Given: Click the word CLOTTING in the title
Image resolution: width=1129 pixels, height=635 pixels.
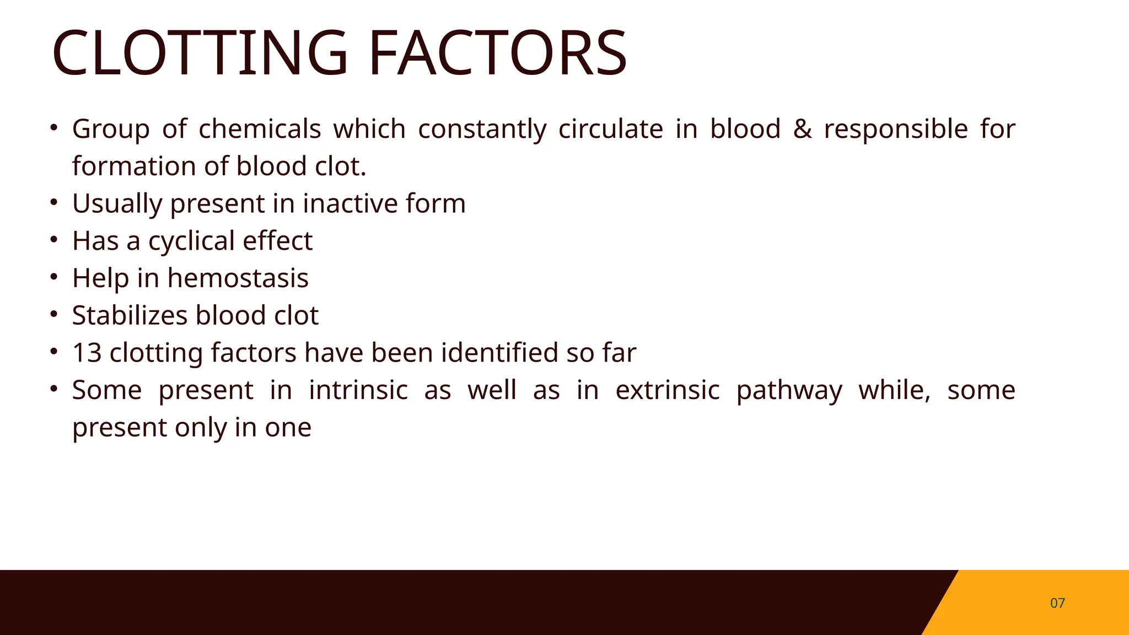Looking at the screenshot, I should point(200,53).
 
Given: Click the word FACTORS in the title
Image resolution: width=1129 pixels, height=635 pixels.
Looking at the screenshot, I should point(497,53).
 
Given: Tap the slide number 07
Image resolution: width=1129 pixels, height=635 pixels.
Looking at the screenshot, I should point(1057,603).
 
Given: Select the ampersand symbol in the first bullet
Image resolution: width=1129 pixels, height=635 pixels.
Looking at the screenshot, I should point(802,129).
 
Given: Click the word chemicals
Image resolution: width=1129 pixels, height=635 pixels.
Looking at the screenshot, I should point(260,129).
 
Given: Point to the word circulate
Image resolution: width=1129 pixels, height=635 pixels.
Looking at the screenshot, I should point(611,129).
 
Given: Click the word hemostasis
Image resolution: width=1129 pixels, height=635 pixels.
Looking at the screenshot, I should point(238,278).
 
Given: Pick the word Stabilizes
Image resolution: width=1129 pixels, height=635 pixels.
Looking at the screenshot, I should point(130,315).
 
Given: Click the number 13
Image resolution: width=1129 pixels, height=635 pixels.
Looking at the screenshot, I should point(87,353).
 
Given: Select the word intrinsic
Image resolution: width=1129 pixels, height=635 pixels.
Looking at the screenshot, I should point(358,390).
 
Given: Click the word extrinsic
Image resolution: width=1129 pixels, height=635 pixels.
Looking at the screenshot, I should point(668,390).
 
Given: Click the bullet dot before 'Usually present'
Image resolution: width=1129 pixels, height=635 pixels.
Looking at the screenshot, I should point(53,202).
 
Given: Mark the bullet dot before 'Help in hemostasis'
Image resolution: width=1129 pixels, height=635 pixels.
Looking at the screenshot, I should point(53,277).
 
